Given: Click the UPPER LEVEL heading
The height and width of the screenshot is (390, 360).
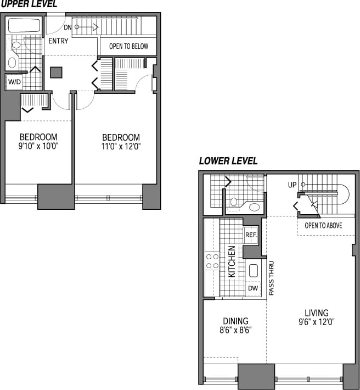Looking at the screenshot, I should click(29, 4).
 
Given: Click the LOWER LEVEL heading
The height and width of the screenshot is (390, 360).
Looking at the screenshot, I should click(228, 161).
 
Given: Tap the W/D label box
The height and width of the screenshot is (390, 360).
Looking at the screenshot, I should click(13, 82).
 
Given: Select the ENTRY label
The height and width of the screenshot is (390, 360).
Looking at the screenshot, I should click(58, 41).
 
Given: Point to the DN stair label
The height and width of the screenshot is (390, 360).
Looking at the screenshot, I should click(68, 27).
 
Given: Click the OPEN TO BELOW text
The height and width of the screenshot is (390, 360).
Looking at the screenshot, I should click(128, 46).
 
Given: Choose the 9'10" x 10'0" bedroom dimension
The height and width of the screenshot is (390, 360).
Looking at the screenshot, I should click(38, 146).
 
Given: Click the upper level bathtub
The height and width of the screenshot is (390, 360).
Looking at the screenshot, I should click(24, 25).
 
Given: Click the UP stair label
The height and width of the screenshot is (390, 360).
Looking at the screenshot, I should click(292, 185).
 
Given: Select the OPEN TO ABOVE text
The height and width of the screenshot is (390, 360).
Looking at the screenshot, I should click(324, 225).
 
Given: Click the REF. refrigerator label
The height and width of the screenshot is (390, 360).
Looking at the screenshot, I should click(251, 235).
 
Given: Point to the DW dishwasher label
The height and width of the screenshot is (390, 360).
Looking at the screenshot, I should click(253, 288).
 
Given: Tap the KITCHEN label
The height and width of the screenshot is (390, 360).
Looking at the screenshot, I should click(232, 261).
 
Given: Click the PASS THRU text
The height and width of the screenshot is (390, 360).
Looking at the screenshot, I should click(271, 278).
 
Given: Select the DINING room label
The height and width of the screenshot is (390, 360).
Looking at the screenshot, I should click(235, 321).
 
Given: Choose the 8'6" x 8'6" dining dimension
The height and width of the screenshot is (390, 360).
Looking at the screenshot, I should click(235, 331).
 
